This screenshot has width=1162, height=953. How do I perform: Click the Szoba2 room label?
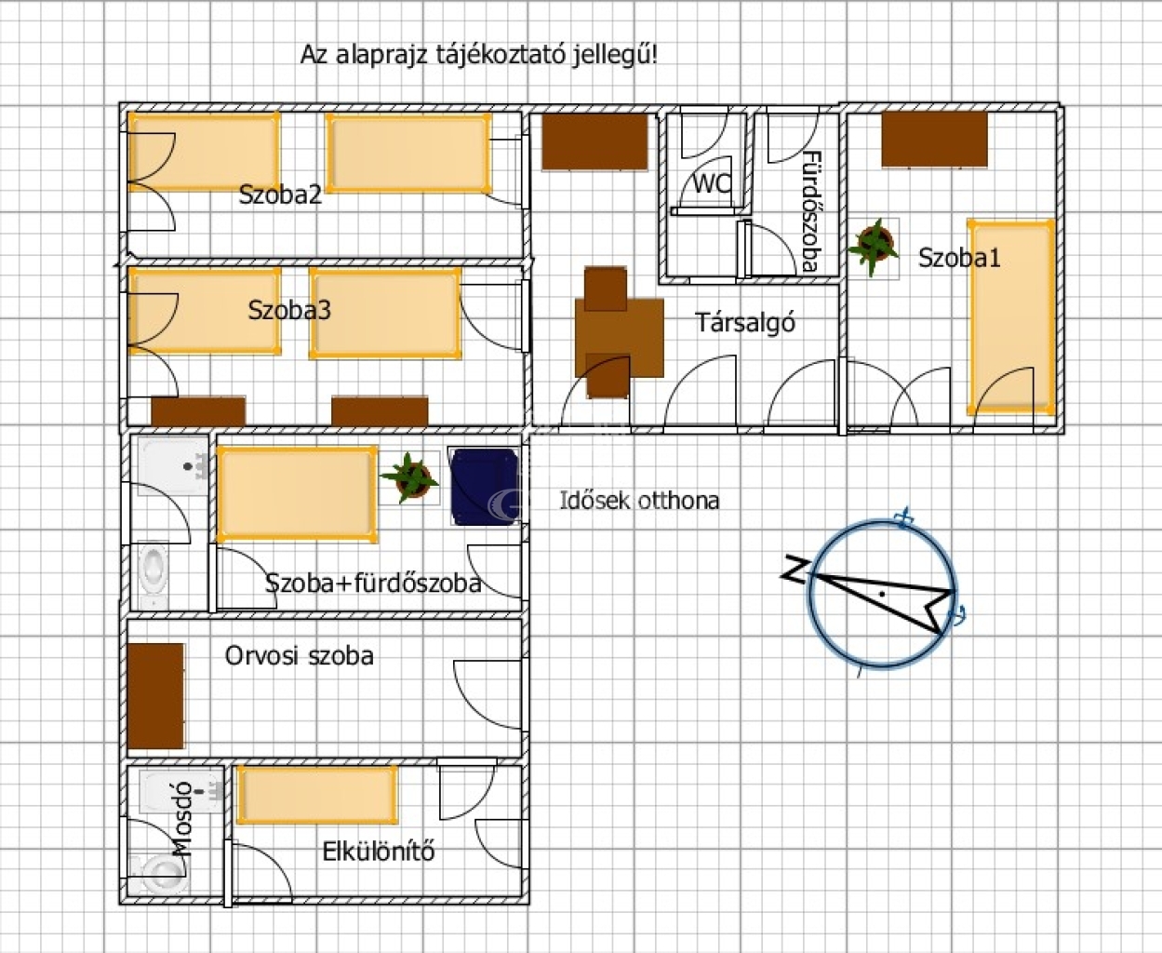(280, 195)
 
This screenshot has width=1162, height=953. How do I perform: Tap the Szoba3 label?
(289, 310)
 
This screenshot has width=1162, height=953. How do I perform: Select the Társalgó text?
(745, 323)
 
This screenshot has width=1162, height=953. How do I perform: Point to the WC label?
(712, 184)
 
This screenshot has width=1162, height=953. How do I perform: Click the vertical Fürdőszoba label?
(811, 211)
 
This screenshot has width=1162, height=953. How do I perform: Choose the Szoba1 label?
(959, 258)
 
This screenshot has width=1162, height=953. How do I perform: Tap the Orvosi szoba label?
(300, 656)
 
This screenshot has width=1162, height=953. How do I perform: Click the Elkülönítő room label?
(379, 852)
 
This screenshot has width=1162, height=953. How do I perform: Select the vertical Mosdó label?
(183, 819)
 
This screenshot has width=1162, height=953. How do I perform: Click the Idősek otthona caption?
(640, 501)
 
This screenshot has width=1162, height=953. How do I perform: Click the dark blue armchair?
(485, 486)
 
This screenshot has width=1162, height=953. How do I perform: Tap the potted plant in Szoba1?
(874, 248)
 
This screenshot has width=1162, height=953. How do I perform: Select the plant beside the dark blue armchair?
(410, 477)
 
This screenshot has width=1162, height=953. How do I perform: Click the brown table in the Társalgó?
(619, 337)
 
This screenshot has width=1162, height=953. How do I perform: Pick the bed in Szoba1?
(1011, 317)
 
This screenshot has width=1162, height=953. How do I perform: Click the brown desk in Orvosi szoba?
(156, 695)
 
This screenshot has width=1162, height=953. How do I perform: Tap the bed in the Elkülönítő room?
(317, 795)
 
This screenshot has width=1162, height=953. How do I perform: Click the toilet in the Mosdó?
(160, 875)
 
